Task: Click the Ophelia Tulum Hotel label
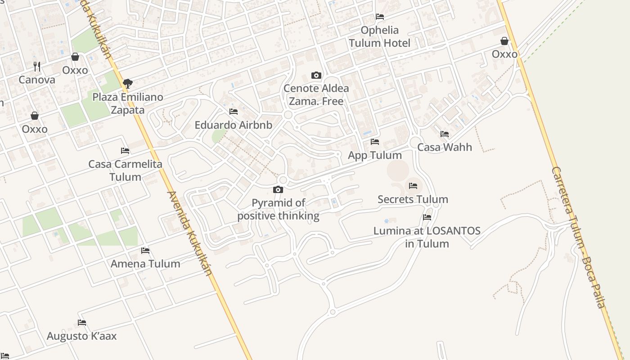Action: [380, 36]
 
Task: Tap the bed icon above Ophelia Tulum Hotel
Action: [380, 17]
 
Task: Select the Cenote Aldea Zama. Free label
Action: [316, 94]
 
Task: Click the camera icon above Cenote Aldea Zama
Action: [316, 75]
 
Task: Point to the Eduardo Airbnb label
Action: [233, 125]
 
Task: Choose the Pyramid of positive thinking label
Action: [278, 209]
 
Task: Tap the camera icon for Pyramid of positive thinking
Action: [278, 189]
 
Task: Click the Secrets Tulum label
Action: [413, 199]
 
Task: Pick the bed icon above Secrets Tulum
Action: [413, 185]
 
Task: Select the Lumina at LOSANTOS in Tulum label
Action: [427, 237]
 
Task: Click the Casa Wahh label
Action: [445, 147]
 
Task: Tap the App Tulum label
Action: [375, 155]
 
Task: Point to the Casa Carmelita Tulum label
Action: [125, 170]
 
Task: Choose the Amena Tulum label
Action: [145, 264]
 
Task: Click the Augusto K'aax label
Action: [81, 336]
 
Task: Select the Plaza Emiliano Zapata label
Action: [128, 103]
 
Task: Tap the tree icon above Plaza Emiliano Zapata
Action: [128, 83]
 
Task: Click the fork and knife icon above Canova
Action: [37, 67]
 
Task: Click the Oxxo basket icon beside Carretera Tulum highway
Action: [504, 41]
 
